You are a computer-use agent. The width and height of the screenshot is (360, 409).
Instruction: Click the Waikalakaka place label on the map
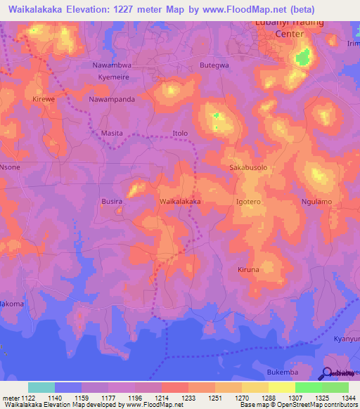tap(181, 201)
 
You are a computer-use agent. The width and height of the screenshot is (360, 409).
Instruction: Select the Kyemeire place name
tap(115, 77)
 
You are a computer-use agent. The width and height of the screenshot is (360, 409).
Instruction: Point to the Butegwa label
tap(214, 65)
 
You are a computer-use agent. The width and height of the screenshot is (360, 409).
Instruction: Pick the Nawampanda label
tap(112, 100)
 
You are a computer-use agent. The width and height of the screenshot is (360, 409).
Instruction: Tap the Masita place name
tap(112, 133)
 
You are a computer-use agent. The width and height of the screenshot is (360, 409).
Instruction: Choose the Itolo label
tap(181, 133)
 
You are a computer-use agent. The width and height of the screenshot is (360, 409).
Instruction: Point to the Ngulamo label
tap(316, 202)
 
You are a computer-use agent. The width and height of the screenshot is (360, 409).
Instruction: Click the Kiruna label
tap(248, 270)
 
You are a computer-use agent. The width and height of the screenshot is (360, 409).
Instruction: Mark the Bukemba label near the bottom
tap(283, 372)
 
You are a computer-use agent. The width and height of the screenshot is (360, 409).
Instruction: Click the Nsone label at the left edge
tap(10, 167)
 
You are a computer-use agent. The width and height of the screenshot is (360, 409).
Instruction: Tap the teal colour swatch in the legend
tap(41, 387)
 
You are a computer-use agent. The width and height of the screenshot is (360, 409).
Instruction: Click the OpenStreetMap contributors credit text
tap(315, 405)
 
